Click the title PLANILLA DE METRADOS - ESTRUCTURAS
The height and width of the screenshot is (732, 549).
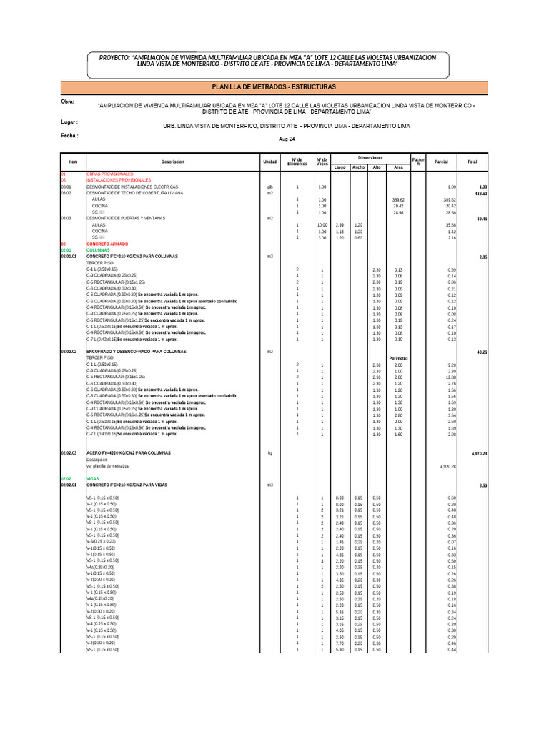[274, 86]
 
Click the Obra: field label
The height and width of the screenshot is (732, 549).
[68, 102]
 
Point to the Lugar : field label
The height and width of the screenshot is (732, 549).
[69, 122]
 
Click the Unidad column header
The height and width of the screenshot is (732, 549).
[269, 162]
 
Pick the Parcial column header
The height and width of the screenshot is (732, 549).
[441, 162]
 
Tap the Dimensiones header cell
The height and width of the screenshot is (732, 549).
[370, 157]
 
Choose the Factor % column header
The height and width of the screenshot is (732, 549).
[418, 162]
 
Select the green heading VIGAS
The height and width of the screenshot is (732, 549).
[92, 479]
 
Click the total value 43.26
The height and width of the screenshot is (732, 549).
[480, 352]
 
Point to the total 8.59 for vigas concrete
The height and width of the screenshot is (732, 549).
[483, 485]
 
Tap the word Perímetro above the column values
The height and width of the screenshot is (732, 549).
[398, 358]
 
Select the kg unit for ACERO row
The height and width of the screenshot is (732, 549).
[269, 453]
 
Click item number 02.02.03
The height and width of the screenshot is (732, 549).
[69, 453]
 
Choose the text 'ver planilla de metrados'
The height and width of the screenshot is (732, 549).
[109, 466]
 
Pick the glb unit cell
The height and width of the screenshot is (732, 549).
[269, 187]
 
